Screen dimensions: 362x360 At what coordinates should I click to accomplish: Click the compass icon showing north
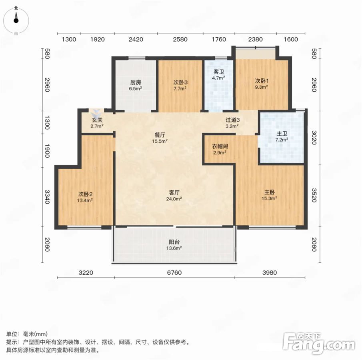tap(16, 20)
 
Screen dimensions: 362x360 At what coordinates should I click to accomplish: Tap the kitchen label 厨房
tap(136, 82)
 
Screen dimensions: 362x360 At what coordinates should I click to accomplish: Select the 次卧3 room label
tap(180, 82)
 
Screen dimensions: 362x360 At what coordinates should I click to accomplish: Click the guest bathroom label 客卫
tap(219, 72)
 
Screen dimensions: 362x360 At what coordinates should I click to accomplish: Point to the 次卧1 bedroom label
tap(262, 81)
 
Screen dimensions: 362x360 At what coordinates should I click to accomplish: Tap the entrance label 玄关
tap(97, 120)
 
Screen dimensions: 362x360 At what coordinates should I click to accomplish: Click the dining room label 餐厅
tap(160, 135)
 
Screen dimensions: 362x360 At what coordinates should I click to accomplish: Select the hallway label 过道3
tap(232, 120)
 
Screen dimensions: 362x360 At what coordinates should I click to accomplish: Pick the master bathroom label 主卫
tap(282, 134)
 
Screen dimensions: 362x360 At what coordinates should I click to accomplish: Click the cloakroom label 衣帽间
tap(220, 146)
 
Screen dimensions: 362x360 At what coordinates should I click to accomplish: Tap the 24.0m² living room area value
tap(174, 198)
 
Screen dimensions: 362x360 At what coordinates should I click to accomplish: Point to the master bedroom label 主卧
tap(270, 192)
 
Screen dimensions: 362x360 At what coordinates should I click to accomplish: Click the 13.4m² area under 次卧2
tap(85, 200)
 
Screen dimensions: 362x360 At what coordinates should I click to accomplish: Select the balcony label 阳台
tap(174, 242)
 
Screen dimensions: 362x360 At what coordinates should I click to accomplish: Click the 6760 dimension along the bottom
tap(174, 273)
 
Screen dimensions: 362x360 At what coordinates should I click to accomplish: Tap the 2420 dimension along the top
tap(136, 39)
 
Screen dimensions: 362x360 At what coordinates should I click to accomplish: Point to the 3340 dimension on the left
tap(47, 197)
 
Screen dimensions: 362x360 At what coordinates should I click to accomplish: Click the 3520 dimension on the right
tap(314, 195)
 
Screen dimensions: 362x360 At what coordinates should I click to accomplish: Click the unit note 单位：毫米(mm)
tap(27, 334)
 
